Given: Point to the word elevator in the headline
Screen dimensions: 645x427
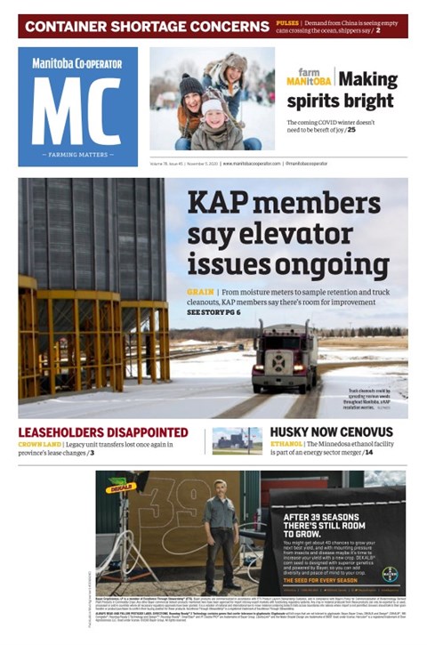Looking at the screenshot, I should pyautogui.click(x=318, y=236).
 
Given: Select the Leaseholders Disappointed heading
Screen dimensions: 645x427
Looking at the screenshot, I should pyautogui.click(x=103, y=433).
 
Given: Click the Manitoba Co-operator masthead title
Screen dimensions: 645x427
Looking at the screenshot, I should pyautogui.click(x=77, y=64).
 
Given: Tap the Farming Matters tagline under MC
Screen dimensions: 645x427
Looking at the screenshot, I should pyautogui.click(x=77, y=155).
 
